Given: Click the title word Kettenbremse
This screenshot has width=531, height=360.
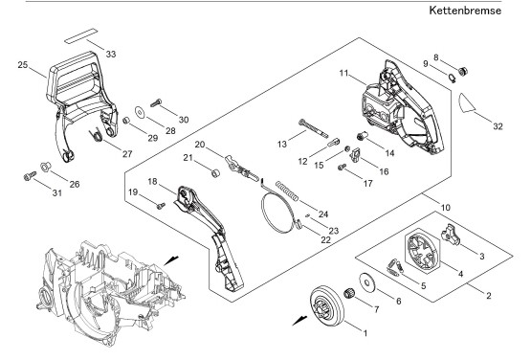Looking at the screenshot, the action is (x=465, y=11).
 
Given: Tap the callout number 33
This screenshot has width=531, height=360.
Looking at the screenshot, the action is (x=111, y=54).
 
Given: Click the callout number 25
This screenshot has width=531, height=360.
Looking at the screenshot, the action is (x=22, y=65).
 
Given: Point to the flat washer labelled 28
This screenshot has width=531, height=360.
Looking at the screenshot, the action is (x=140, y=112).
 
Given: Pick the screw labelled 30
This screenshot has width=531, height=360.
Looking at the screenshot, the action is (x=155, y=102).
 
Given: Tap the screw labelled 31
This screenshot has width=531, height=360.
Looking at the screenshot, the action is (x=30, y=175).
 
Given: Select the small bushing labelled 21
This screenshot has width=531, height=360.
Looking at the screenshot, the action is (x=215, y=172).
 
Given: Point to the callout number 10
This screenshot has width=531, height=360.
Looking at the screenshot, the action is (x=446, y=207).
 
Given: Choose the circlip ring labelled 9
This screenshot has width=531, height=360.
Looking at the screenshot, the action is (x=452, y=78).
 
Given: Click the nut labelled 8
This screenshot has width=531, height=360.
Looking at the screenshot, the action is (x=463, y=72).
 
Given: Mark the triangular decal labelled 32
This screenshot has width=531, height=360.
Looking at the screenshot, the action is (x=467, y=102).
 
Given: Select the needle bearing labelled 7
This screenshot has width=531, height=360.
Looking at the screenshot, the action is (x=349, y=293).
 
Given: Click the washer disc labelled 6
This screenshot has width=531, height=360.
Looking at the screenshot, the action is (x=366, y=281).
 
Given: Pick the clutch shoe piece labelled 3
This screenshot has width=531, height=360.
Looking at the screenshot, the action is (x=450, y=234).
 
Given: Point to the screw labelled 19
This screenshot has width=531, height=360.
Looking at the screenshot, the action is (x=161, y=205).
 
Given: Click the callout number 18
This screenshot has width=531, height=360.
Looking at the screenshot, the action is (x=152, y=181).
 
